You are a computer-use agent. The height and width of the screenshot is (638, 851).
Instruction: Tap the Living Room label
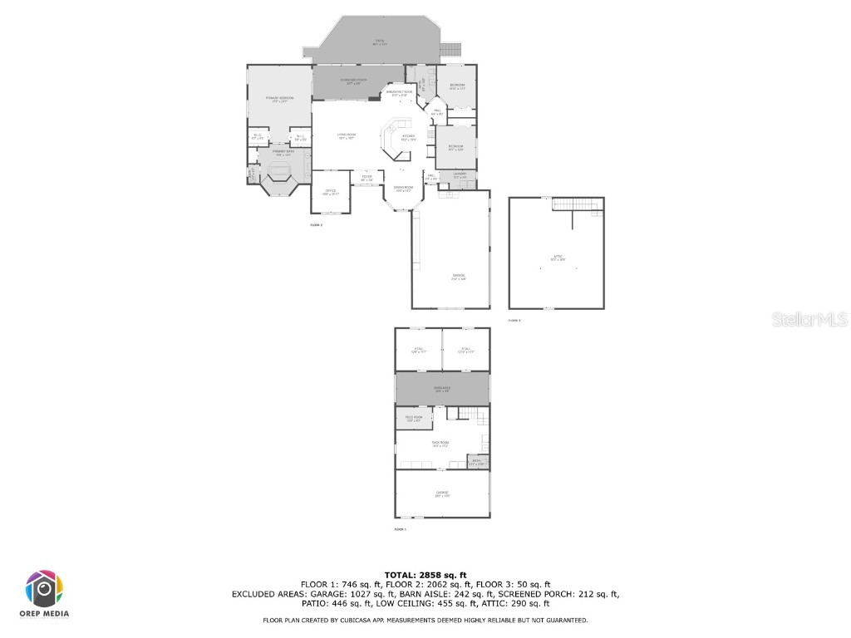click(x=346, y=136)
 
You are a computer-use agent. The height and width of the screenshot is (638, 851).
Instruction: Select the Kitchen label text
click(x=408, y=138)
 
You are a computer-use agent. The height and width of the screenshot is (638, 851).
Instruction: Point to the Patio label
click(x=379, y=42)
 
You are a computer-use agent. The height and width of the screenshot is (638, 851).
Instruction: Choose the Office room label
click(x=330, y=193)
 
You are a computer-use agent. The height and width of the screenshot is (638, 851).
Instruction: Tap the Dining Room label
click(x=404, y=190)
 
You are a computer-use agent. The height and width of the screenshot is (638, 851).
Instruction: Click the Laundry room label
click(x=459, y=175)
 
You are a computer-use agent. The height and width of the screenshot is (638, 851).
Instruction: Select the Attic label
click(x=558, y=258)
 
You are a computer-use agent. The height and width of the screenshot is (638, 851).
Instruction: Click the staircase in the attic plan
click(x=576, y=204)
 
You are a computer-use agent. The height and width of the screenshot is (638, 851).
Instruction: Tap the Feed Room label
click(x=413, y=418)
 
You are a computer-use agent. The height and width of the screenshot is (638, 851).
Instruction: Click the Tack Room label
click(x=440, y=444)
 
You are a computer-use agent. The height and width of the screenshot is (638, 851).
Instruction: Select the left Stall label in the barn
click(x=419, y=350)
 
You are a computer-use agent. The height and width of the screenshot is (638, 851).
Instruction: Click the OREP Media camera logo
click(x=44, y=590)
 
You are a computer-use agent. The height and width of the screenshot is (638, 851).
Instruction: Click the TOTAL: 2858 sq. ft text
click(x=425, y=575)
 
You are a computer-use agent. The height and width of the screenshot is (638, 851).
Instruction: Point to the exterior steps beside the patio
click(x=450, y=48)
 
